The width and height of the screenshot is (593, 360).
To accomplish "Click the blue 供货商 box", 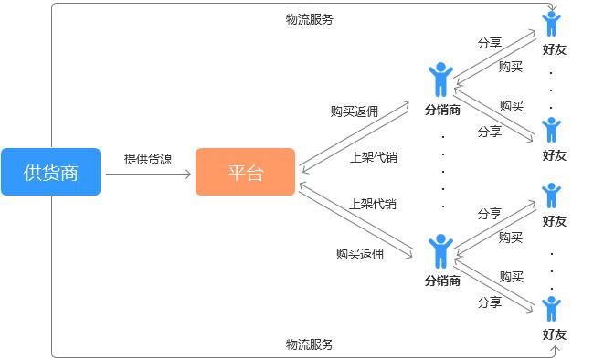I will tap(50, 172).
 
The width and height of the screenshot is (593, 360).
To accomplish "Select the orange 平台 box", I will tap(245, 172).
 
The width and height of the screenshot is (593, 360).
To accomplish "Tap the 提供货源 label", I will tap(148, 158).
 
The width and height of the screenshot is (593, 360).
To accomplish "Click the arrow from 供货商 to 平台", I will tap(148, 173).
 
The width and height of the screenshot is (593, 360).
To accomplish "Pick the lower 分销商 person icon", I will tap(441, 250).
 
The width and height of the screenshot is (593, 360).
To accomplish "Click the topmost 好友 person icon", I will tap(551, 24).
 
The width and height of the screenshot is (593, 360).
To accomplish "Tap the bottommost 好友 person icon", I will tap(551, 309).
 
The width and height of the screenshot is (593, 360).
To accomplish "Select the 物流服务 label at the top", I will tap(310, 18).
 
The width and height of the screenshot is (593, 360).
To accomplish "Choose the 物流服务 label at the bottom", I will tap(310, 344).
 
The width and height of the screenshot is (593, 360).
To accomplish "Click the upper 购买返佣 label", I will tap(355, 111).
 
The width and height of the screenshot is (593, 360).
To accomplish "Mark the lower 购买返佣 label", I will tap(359, 254).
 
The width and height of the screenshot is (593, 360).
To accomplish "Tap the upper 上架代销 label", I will tap(373, 157).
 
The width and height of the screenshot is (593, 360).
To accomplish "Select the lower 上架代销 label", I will tap(373, 203).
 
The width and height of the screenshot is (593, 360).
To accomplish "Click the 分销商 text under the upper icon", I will tap(442, 109).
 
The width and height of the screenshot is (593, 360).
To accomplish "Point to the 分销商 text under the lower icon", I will tap(442, 280).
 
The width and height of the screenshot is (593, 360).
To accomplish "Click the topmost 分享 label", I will tap(490, 43).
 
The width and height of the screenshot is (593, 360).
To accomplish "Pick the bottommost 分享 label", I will tap(490, 302).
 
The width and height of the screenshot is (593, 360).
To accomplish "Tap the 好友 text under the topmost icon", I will tap(554, 49).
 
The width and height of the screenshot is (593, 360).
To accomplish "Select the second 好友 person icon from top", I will tap(551, 130).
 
